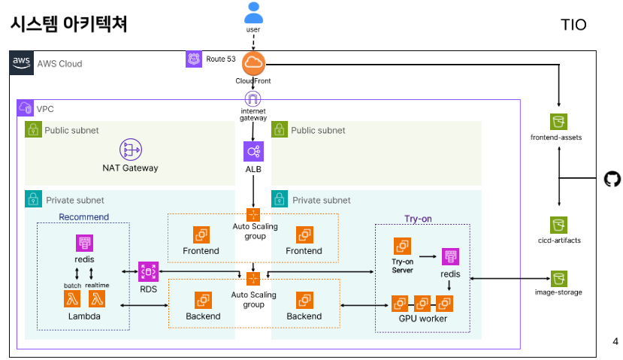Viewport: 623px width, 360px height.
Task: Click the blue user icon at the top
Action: coord(254,13)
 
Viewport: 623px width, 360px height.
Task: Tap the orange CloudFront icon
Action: coord(254,62)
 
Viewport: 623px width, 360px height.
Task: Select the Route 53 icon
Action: coord(194,59)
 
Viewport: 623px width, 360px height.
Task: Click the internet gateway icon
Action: coord(253,99)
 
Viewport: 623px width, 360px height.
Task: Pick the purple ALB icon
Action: coord(253,152)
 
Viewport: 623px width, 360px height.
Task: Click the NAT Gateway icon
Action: coord(131,150)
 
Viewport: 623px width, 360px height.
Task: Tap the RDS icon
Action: coord(148,271)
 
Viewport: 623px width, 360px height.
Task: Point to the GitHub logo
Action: coord(612,179)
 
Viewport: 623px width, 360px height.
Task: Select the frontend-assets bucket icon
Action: coord(558,122)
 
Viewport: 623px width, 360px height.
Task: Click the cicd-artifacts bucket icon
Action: coord(558,225)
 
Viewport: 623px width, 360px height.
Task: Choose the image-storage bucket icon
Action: coord(558,278)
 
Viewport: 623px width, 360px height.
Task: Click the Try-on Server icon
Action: coord(402,247)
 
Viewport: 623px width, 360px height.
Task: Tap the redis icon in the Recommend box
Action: coord(84,244)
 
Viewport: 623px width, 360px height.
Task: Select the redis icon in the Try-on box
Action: coord(450,257)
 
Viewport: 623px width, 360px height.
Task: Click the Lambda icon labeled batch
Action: coord(74,299)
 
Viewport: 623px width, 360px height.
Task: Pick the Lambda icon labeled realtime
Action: coord(96,299)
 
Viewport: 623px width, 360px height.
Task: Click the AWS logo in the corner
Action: coord(21,62)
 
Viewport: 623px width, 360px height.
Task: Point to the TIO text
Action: coord(573,26)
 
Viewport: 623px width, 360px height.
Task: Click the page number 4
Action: coord(615,342)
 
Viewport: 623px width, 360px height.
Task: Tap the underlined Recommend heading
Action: coord(83,217)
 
